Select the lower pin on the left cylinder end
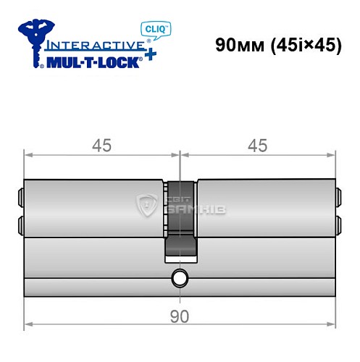[x=20, y=221]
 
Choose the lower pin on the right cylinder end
[x=338, y=221]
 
